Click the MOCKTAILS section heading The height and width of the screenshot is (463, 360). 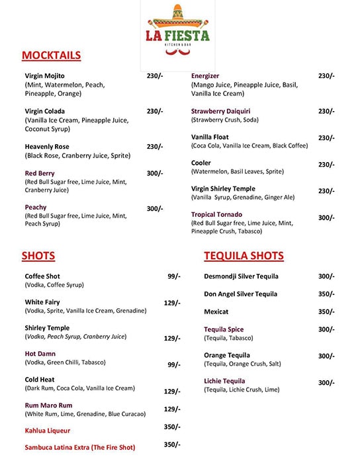click(x=51, y=55)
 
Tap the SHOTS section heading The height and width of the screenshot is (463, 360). click(x=38, y=256)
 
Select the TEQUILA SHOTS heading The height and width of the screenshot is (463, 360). click(x=244, y=256)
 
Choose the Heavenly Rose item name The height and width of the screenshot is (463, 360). click(x=47, y=146)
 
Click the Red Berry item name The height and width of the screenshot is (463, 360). click(x=40, y=173)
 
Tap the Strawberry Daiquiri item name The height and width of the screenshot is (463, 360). click(x=220, y=111)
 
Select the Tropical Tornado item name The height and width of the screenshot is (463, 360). click(x=216, y=214)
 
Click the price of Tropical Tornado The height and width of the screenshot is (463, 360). click(x=326, y=218)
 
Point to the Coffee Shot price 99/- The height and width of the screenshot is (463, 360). click(x=173, y=276)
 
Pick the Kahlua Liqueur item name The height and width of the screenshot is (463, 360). click(x=48, y=431)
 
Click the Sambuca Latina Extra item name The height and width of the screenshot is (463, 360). click(x=79, y=447)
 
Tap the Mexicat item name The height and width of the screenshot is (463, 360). click(x=216, y=312)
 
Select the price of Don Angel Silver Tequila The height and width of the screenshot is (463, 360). click(x=326, y=294)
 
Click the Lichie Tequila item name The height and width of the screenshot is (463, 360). click(x=224, y=381)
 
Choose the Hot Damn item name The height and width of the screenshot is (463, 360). click(x=40, y=354)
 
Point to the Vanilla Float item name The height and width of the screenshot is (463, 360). click(x=210, y=137)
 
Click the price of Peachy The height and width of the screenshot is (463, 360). click(x=154, y=209)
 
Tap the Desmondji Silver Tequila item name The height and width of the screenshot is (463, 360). click(x=241, y=276)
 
